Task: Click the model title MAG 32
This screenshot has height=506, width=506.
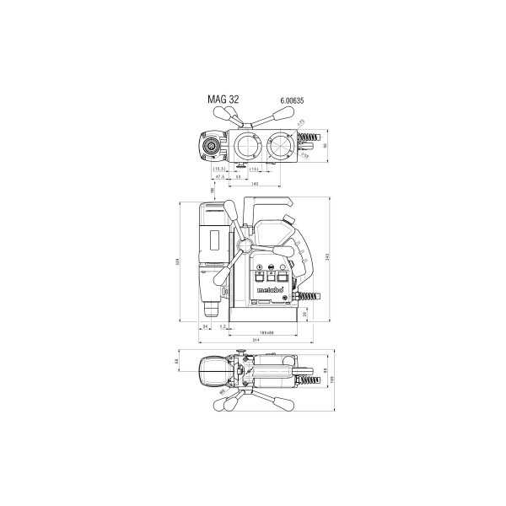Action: (223, 99)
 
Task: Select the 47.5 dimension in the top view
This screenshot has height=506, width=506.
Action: (220, 177)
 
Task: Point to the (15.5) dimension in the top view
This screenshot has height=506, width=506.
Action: (217, 170)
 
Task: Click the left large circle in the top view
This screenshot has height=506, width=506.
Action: (248, 145)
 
